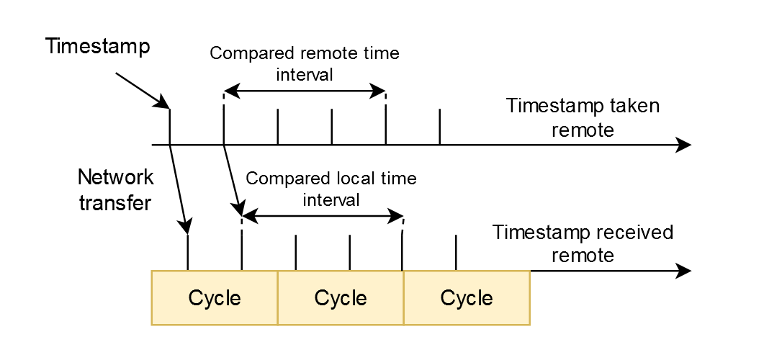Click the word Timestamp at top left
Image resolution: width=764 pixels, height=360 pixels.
(97, 47)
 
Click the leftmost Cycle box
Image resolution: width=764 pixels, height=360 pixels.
(215, 297)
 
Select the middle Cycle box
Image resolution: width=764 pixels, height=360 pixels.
(341, 297)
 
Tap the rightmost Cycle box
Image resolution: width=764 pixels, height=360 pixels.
(467, 297)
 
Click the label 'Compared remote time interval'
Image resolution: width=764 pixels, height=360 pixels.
(304, 64)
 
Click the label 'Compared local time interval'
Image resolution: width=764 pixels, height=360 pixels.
(331, 189)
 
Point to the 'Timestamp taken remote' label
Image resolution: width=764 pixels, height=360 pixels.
(583, 118)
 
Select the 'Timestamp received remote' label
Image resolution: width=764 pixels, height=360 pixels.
(583, 244)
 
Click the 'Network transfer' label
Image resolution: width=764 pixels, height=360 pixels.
(115, 190)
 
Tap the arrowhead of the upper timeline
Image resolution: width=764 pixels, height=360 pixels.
(684, 145)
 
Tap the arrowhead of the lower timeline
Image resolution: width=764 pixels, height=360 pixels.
(684, 271)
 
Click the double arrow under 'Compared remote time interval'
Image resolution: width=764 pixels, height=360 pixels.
(305, 91)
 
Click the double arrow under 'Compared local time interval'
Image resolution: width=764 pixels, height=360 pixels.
(322, 215)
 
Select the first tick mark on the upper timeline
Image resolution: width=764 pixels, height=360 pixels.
(169, 127)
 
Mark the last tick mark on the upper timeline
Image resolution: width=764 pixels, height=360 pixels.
(439, 127)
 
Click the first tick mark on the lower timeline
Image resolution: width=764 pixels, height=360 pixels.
(187, 253)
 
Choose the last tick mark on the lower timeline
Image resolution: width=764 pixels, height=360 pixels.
(456, 253)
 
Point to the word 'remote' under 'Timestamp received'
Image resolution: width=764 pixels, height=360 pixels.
(583, 255)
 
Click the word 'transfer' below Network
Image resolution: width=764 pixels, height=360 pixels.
(115, 202)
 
